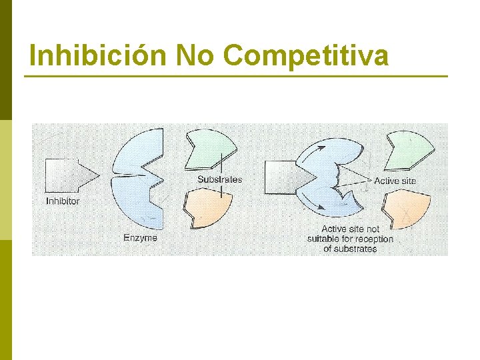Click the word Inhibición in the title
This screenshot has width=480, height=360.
[98, 56]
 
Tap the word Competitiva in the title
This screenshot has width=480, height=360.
[306, 56]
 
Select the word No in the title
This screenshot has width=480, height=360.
[197, 56]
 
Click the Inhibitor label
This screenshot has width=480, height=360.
[63, 201]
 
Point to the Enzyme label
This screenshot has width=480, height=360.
[140, 237]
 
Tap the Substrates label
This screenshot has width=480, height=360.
[219, 179]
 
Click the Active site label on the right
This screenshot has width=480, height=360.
[395, 181]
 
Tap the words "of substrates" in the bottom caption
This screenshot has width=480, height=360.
[350, 249]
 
